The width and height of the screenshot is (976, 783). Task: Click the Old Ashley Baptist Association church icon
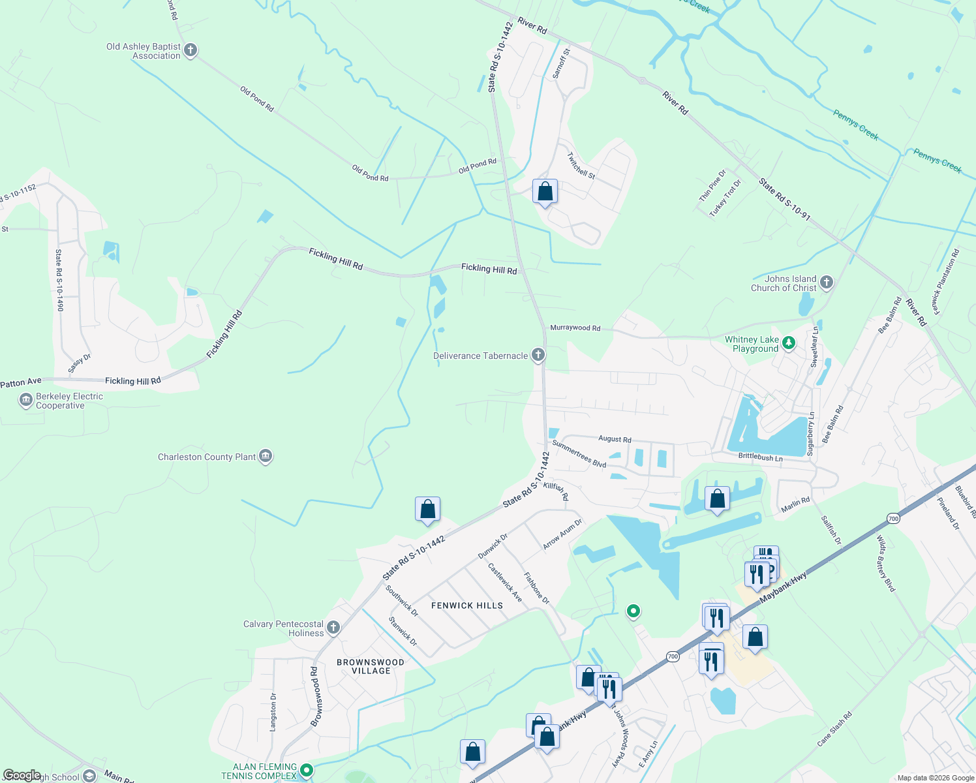(x=191, y=50)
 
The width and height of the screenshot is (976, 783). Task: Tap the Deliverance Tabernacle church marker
(x=538, y=355)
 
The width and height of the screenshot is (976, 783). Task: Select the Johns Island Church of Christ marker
(x=827, y=283)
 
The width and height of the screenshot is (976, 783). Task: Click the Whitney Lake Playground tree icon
(x=789, y=343)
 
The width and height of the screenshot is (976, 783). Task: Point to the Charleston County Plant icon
(x=266, y=456)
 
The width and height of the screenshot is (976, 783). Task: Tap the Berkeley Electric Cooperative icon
(x=26, y=400)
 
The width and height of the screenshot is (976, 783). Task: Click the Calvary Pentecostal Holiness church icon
(x=333, y=628)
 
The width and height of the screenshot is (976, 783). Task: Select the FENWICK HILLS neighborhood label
(x=467, y=606)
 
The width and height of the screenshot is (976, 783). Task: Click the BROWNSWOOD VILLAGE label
(x=371, y=666)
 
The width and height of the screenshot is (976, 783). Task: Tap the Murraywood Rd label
(x=575, y=328)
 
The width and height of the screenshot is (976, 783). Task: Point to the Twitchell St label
(x=581, y=166)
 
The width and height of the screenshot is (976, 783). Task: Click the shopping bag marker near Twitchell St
(x=545, y=192)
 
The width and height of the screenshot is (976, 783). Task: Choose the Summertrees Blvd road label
(x=579, y=453)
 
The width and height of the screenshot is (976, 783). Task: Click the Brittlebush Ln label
(x=760, y=458)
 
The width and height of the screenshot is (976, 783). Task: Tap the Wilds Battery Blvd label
(x=885, y=564)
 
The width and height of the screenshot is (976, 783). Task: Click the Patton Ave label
(x=21, y=382)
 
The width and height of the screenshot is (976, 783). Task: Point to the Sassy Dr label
(x=80, y=363)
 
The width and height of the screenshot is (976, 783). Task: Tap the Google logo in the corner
(x=22, y=775)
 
